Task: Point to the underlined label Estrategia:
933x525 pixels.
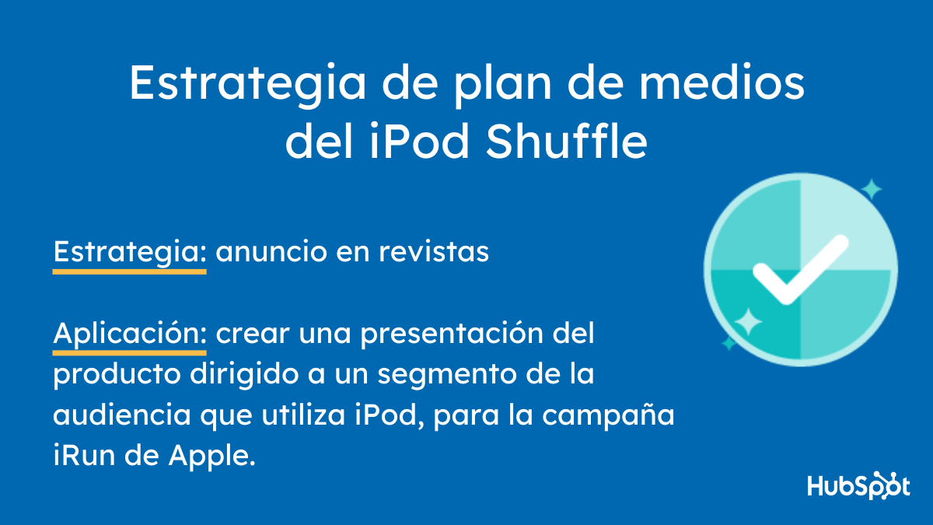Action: pyautogui.click(x=129, y=252)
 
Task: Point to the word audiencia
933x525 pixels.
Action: pyautogui.click(x=121, y=416)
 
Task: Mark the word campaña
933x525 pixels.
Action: pyautogui.click(x=621, y=416)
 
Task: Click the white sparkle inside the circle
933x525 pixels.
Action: pyautogui.click(x=748, y=321)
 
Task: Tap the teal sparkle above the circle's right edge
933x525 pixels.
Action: pyautogui.click(x=871, y=189)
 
